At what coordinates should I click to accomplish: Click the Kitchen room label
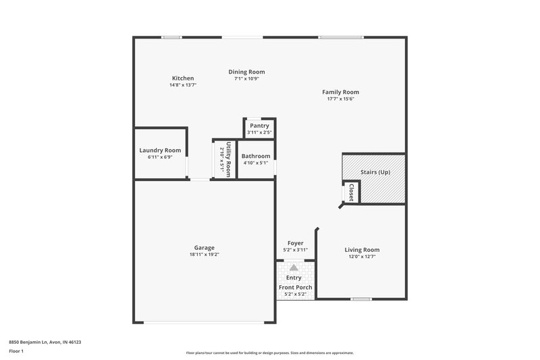(x=182, y=78)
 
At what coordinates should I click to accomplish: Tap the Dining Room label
(x=246, y=72)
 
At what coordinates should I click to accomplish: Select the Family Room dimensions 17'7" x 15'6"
(x=340, y=99)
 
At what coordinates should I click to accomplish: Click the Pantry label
(x=259, y=126)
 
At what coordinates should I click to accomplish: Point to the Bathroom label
(x=256, y=156)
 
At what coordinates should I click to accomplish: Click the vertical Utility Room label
(x=229, y=159)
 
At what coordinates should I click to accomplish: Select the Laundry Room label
(x=160, y=150)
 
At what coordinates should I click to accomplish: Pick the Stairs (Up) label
(x=375, y=173)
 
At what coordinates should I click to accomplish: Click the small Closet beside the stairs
(x=351, y=192)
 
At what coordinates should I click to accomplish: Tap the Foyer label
(x=295, y=243)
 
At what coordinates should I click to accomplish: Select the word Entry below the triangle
(x=294, y=278)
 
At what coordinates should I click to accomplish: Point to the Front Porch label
(x=295, y=287)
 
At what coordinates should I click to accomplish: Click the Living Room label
(x=362, y=249)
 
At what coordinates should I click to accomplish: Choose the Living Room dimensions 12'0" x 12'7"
(x=362, y=257)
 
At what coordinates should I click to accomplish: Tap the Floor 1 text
(x=16, y=351)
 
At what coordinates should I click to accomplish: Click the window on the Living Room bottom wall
(x=361, y=299)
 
